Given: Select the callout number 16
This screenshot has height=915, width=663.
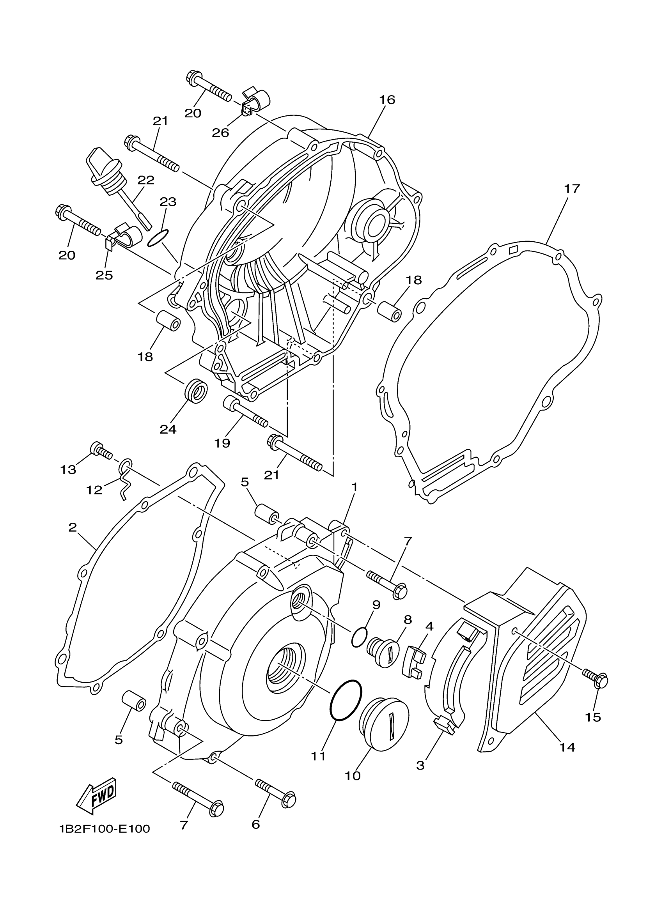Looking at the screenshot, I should click(x=386, y=99).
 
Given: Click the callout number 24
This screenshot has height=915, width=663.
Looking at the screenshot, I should click(x=168, y=429).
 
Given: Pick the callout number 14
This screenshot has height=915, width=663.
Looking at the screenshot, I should click(x=567, y=747).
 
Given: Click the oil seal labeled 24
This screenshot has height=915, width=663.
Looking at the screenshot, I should click(x=196, y=390).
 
